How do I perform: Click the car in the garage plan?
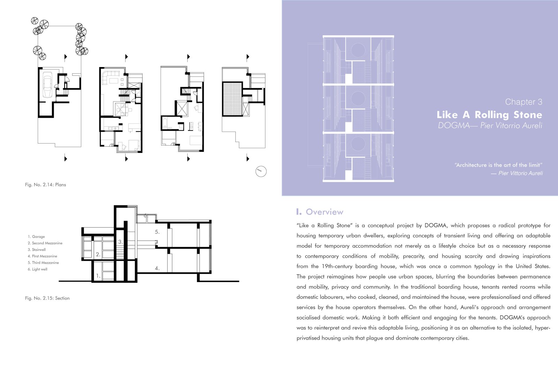click(47, 85)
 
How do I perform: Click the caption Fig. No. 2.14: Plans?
click(45, 185)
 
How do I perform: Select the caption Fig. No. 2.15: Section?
click(47, 298)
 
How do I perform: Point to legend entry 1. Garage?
click(36, 237)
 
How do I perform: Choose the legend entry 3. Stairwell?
click(37, 250)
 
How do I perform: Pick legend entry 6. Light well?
click(37, 269)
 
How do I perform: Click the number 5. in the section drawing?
click(157, 232)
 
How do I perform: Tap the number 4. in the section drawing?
click(157, 268)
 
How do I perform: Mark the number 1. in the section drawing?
click(98, 276)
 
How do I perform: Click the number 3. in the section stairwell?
click(121, 242)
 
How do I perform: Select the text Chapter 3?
click(523, 102)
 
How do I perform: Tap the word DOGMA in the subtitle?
click(454, 125)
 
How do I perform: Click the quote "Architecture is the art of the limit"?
click(498, 165)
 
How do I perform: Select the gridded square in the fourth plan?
click(232, 99)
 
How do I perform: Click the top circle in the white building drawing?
click(358, 50)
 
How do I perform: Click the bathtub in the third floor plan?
click(164, 124)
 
